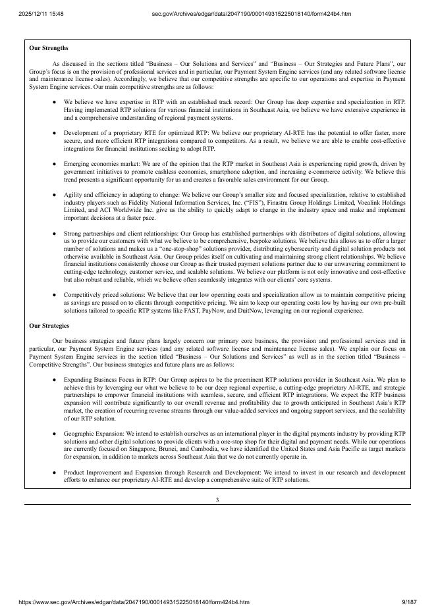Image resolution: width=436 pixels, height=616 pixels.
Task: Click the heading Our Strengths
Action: pos(49,48)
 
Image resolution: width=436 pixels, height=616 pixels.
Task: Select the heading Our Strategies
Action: pos(49,326)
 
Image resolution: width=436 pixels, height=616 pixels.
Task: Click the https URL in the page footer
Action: pos(134,602)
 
